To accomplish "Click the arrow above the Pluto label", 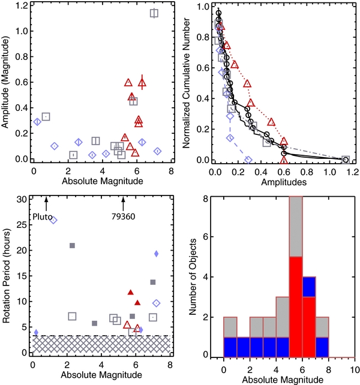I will pyautogui.click(x=46, y=202).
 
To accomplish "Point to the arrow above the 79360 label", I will pyautogui.click(x=124, y=202).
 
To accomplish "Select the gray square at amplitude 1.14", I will pyautogui.click(x=154, y=13).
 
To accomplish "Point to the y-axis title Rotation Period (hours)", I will pyautogui.click(x=8, y=276).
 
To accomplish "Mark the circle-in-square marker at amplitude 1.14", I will pyautogui.click(x=346, y=160).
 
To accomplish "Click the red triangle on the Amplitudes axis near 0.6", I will pyautogui.click(x=284, y=160).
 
